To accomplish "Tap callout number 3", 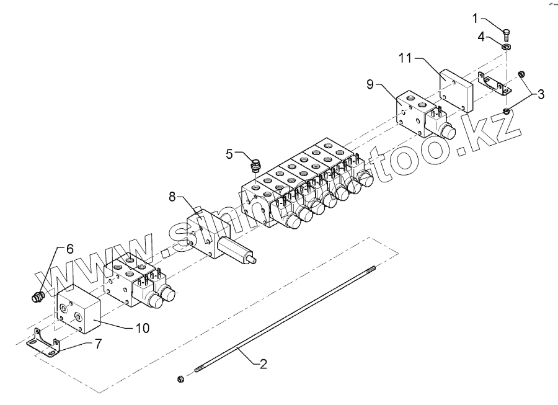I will pos(541,94).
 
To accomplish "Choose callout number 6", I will pos(69,248).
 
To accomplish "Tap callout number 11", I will pos(405,59).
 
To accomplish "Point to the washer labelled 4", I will pos(507,48).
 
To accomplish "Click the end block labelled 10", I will pos(77,309).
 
